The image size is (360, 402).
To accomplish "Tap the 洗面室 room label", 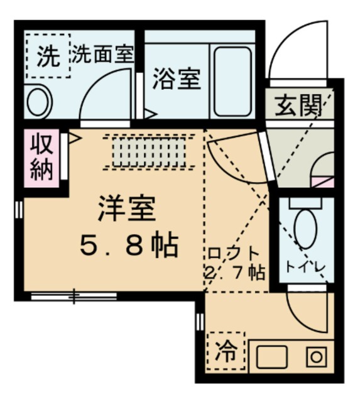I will (102, 55).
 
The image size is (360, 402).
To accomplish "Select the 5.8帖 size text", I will (128, 246).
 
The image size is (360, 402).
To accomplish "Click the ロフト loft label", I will (234, 254).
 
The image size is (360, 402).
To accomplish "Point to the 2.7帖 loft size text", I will (234, 273).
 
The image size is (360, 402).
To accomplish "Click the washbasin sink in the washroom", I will (40, 100).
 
